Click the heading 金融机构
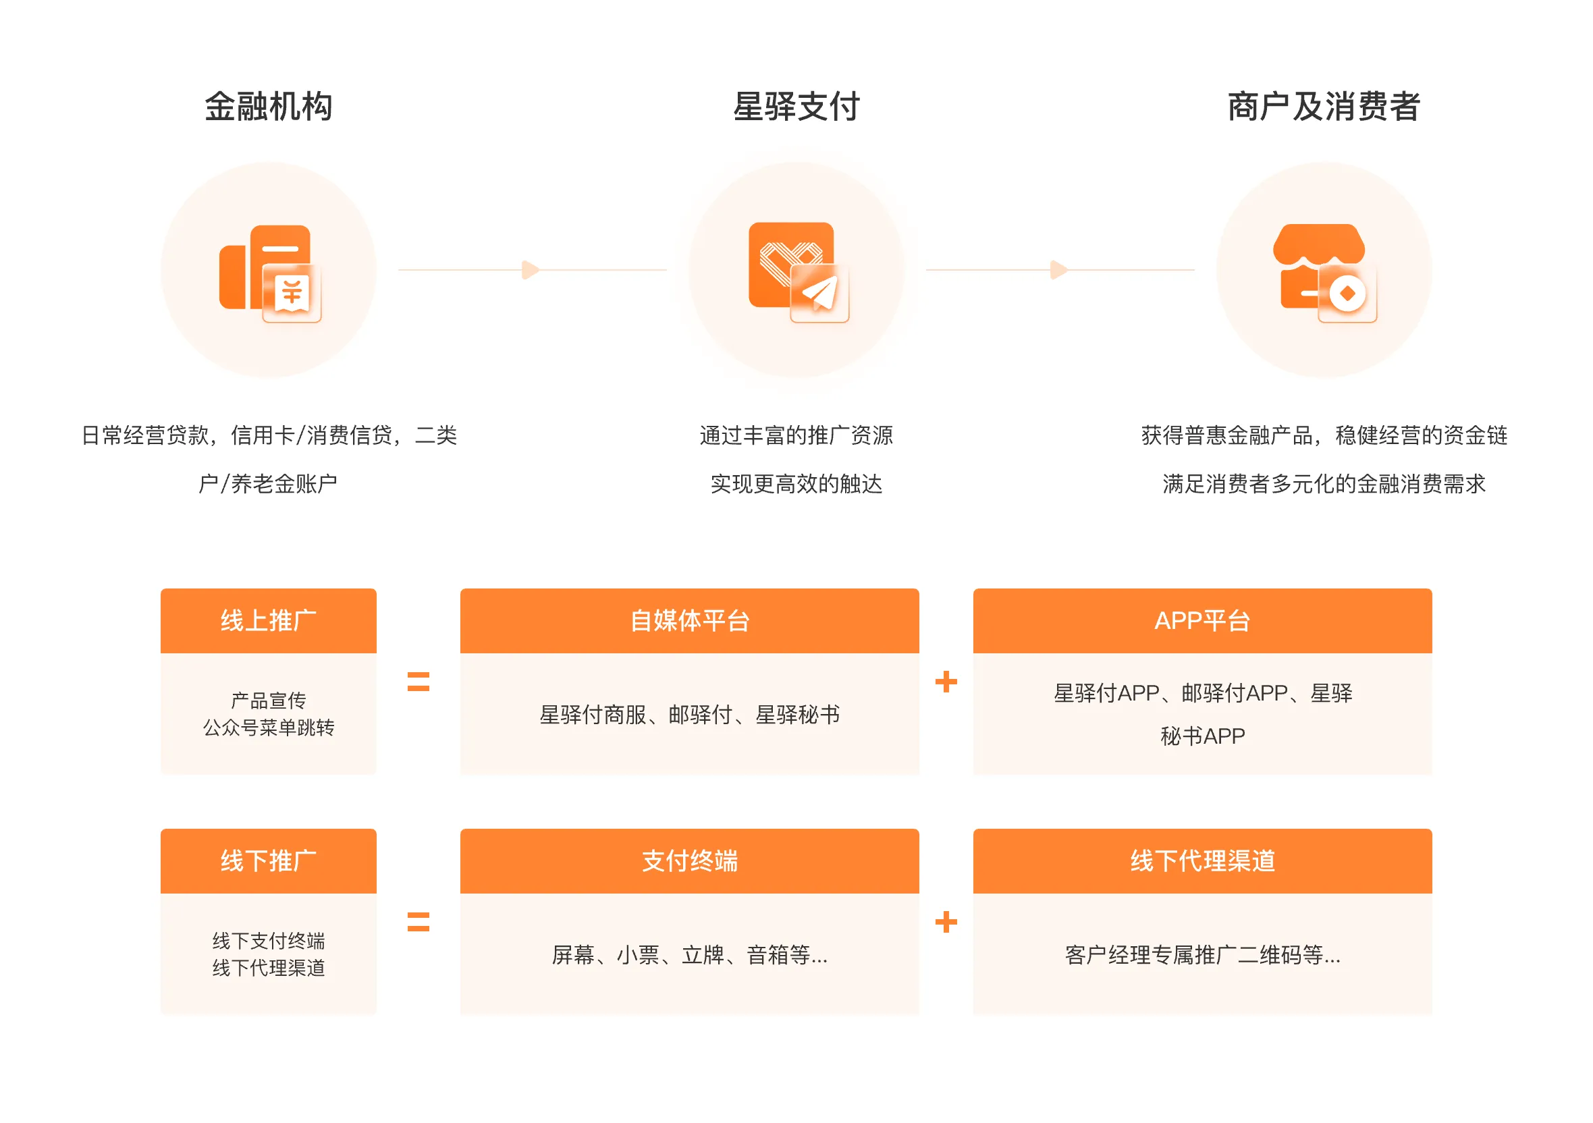pos(269,107)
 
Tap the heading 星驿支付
pos(796,107)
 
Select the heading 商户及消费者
pos(1324,107)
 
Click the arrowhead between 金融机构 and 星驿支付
pos(531,270)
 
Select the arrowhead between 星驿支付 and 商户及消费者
pos(1059,270)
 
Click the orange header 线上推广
pos(269,621)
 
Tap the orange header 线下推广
pos(269,860)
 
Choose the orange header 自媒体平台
pos(690,621)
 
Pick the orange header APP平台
pos(1202,621)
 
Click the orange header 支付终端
pos(690,860)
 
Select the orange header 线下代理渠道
pos(1202,860)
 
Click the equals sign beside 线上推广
pos(418,682)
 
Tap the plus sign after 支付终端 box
pos(946,922)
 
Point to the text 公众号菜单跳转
pos(269,728)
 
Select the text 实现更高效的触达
pos(796,483)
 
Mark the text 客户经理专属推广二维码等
pos(1193,955)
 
